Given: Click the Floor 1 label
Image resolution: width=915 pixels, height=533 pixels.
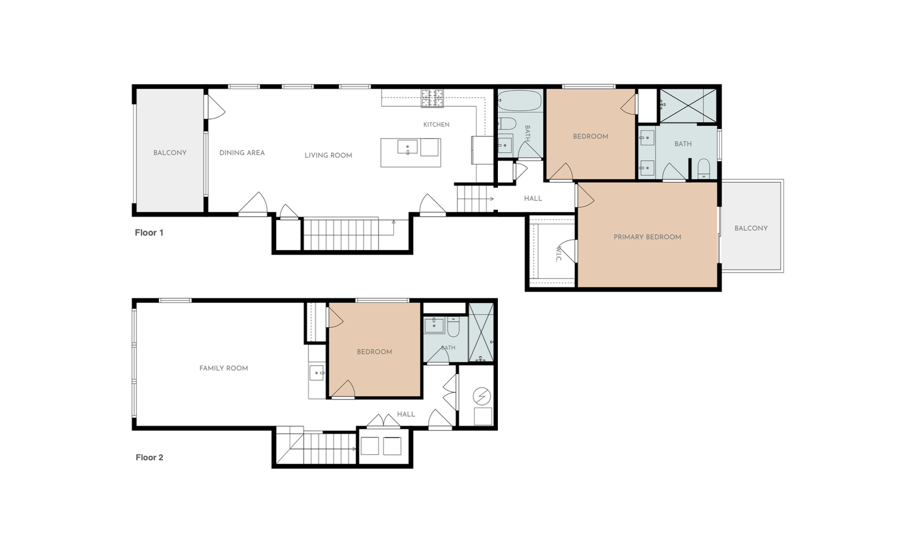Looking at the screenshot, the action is pyautogui.click(x=149, y=233).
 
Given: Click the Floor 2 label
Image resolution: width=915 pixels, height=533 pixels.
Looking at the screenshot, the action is pyautogui.click(x=150, y=457).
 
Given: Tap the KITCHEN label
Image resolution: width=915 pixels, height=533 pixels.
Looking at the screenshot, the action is pyautogui.click(x=436, y=125).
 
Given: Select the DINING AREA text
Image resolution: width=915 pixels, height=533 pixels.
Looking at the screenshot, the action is pyautogui.click(x=242, y=153).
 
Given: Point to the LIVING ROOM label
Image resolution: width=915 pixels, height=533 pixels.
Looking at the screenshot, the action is pyautogui.click(x=328, y=155).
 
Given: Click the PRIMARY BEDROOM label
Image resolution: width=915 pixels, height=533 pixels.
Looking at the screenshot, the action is pyautogui.click(x=647, y=237).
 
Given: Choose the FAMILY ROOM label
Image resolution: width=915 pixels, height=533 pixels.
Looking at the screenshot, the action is pyautogui.click(x=224, y=368).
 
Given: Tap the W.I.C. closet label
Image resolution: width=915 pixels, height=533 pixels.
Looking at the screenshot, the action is pyautogui.click(x=558, y=255).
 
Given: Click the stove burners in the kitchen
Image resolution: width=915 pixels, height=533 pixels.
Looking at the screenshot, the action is pyautogui.click(x=432, y=98).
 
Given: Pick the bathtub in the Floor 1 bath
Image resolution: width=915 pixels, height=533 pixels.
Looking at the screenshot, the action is pyautogui.click(x=519, y=101).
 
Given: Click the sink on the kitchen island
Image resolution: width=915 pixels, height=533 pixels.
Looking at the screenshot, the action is pyautogui.click(x=408, y=147).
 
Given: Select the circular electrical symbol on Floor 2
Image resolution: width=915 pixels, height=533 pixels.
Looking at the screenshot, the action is pyautogui.click(x=482, y=397).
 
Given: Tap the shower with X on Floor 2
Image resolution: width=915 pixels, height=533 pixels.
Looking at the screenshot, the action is pyautogui.click(x=481, y=332).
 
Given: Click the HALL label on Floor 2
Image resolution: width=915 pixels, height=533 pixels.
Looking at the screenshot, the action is pyautogui.click(x=406, y=414).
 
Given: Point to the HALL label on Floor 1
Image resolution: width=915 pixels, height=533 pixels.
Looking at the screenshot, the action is pyautogui.click(x=533, y=199).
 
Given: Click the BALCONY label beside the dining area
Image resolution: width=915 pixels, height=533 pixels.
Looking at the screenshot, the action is pyautogui.click(x=170, y=153).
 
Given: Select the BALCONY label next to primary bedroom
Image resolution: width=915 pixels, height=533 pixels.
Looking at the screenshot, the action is pyautogui.click(x=751, y=229).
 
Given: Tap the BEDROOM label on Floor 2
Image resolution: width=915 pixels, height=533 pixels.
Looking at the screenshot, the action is pyautogui.click(x=374, y=352).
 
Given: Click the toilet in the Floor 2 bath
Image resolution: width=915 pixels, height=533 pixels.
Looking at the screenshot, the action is pyautogui.click(x=454, y=327).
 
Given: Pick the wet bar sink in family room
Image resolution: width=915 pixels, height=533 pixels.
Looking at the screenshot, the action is pyautogui.click(x=317, y=373).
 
